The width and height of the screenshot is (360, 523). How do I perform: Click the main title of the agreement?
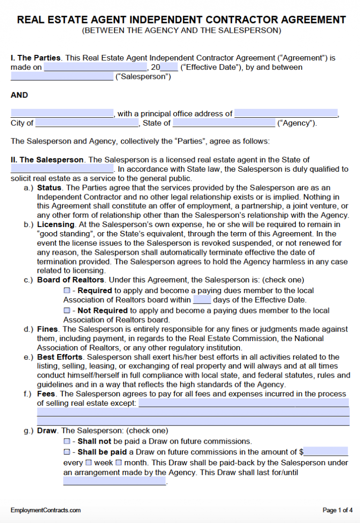(181, 20)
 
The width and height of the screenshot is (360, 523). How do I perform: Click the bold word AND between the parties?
(19, 95)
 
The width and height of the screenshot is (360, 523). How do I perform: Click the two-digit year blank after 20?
(169, 68)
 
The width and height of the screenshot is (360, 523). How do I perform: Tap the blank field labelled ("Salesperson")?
(62, 76)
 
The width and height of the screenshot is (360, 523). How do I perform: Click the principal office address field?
(286, 114)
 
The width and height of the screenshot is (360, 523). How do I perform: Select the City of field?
(86, 123)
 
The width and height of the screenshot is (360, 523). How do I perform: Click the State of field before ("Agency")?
(224, 123)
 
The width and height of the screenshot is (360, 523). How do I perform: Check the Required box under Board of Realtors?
(67, 291)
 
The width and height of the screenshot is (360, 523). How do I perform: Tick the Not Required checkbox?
(67, 311)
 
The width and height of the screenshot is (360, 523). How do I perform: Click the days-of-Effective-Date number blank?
(202, 300)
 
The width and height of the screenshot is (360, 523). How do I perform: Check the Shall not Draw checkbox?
(67, 441)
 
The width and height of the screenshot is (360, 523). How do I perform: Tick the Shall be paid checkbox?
(67, 452)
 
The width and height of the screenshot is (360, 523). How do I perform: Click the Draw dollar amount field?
(326, 452)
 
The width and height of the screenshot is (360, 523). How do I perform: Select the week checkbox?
(89, 462)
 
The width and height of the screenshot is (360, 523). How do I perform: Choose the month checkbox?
(119, 462)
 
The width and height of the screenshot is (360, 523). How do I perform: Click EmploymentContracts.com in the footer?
(45, 510)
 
